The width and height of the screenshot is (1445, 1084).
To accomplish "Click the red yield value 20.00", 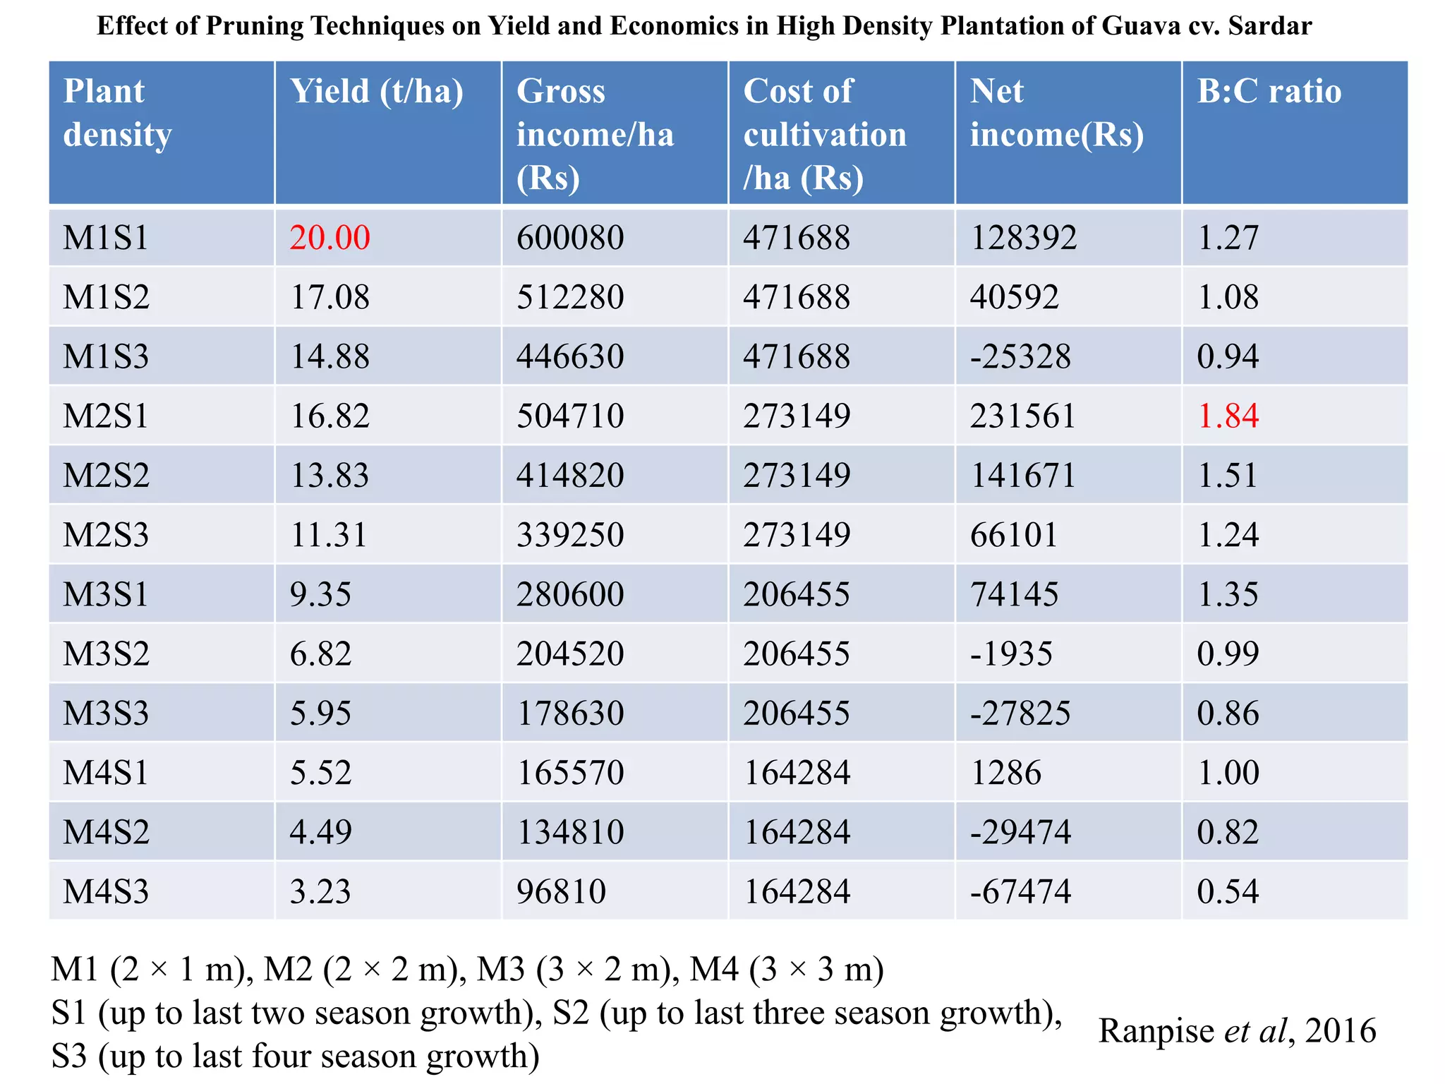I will point(329,237).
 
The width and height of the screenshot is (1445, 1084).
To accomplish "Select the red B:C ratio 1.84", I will point(1228,416).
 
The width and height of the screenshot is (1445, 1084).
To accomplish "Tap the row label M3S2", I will point(106,654).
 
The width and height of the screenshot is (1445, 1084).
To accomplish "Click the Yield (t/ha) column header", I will point(377,92).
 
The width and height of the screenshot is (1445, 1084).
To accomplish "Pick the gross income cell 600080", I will point(570,237).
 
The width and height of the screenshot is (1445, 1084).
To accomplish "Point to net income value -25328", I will point(1020,356).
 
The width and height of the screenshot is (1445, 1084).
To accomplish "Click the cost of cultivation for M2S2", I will point(797,475).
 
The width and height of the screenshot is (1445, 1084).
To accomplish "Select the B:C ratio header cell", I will point(1269,92).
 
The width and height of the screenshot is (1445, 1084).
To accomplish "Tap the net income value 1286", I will point(1005,772).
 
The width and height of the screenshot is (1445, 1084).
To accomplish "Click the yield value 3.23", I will point(320,891).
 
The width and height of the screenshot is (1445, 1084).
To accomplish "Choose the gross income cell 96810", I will point(561,891).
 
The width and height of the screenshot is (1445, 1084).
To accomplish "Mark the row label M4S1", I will point(106,772).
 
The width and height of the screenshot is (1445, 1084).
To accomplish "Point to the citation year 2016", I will point(1341,1031).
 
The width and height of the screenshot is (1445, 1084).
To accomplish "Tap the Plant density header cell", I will point(118,113).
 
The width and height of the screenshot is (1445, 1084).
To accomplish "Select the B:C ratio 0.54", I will point(1228,891).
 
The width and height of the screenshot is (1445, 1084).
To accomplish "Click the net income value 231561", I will point(1022,416).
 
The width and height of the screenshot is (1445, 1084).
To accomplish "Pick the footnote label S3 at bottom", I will point(69,1056).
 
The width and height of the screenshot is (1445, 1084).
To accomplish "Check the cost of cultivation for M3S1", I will point(797,594).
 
